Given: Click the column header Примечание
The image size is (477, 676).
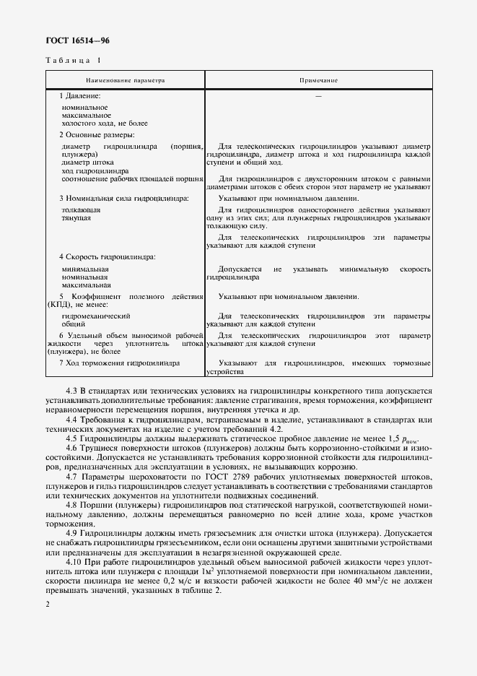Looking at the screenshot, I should pos(318,80).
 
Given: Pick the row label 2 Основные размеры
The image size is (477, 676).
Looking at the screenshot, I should pos(97,134).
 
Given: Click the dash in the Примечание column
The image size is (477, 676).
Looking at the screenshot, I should pos(318,96).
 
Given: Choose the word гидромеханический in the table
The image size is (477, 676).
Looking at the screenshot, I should pos(96,316).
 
